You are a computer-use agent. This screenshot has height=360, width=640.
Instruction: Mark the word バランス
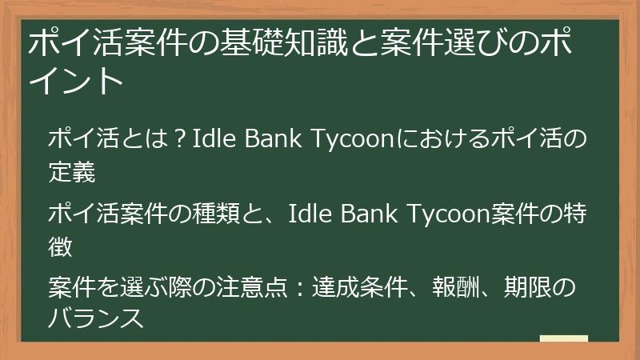(95, 318)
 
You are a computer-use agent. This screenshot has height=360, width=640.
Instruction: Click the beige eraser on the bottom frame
(563, 338)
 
